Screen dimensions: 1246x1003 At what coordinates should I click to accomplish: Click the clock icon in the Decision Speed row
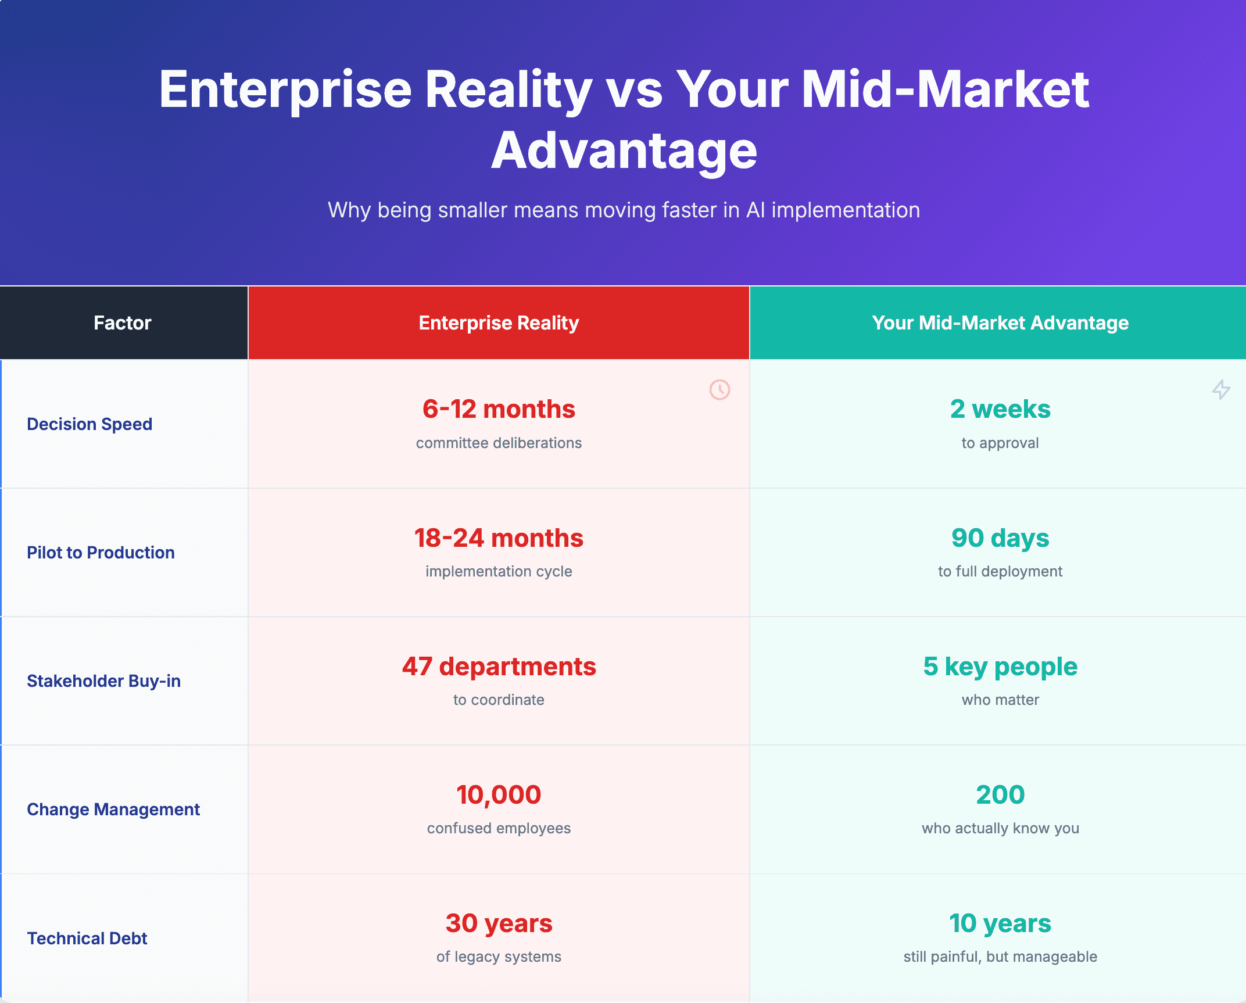click(719, 389)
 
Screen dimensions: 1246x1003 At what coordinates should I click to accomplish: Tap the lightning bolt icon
click(1221, 389)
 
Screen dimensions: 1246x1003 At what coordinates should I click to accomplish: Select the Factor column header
click(123, 323)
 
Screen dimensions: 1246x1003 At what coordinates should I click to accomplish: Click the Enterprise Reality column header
click(499, 323)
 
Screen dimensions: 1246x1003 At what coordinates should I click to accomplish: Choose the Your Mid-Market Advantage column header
click(1000, 323)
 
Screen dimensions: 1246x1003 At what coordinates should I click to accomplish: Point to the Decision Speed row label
click(89, 424)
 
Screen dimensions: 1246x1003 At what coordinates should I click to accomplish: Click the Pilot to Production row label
click(101, 553)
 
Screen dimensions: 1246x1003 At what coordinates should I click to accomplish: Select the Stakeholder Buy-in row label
click(103, 681)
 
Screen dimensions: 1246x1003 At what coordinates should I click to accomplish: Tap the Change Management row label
click(113, 809)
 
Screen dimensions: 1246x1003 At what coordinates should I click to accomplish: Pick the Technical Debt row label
click(87, 938)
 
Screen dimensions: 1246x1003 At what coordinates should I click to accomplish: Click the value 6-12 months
click(499, 409)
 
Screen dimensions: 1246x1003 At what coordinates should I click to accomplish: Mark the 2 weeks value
click(1000, 409)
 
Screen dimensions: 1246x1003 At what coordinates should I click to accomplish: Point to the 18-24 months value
click(499, 538)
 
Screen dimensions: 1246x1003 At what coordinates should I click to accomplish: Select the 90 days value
click(1000, 539)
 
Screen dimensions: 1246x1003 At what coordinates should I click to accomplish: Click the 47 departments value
click(499, 667)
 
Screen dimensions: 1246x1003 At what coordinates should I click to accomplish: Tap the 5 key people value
click(1000, 667)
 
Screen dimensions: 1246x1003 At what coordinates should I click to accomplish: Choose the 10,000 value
click(499, 795)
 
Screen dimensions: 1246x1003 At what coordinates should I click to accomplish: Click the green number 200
click(1000, 795)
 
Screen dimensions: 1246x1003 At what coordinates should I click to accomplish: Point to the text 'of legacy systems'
click(499, 957)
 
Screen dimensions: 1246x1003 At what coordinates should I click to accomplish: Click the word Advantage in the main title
click(624, 151)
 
